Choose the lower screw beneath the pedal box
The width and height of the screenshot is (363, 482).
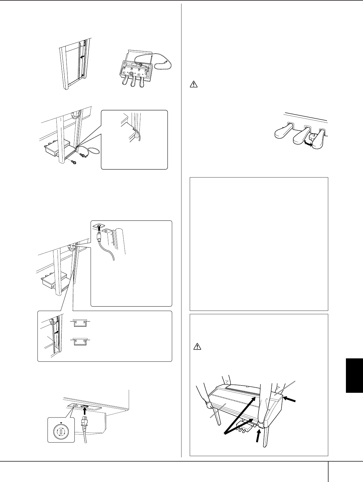[74, 162]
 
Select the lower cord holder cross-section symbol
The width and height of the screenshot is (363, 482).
[80, 341]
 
